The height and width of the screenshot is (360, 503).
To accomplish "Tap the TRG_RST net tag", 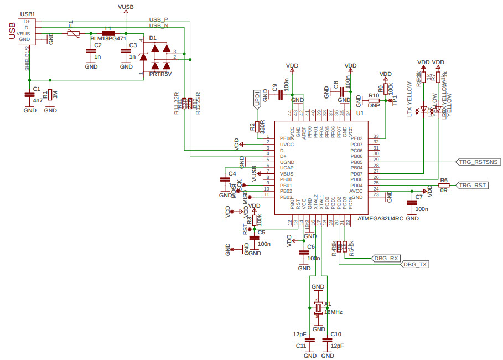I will click(473, 185).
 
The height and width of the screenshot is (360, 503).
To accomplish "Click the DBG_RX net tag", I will click(386, 258).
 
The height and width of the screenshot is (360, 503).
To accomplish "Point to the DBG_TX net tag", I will click(415, 265).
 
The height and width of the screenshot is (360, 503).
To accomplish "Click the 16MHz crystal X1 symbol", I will click(318, 308).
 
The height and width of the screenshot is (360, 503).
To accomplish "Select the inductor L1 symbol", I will click(108, 33).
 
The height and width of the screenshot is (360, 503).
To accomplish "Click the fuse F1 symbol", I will click(71, 34).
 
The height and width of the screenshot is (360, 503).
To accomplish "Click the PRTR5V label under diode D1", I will click(160, 73).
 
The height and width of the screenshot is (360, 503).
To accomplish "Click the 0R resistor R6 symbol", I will click(444, 185).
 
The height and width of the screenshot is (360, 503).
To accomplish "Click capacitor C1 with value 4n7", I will click(29, 95).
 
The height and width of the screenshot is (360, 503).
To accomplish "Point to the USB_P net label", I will click(158, 19).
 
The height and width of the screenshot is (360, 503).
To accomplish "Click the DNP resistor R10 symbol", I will click(374, 100).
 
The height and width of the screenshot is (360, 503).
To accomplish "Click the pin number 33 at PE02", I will click(376, 136).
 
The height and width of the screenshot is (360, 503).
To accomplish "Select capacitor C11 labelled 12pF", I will click(310, 340).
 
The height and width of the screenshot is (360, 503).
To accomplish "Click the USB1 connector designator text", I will click(27, 13).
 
